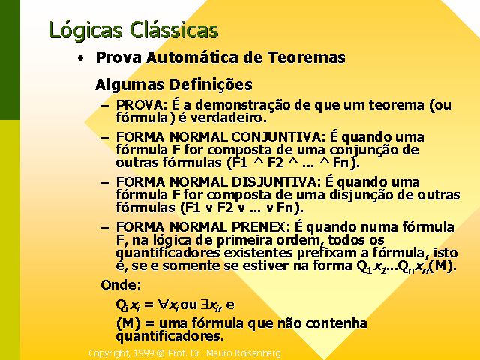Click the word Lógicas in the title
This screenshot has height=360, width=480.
[85, 31]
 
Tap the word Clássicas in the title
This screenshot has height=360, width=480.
[174, 29]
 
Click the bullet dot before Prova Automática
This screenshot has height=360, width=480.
[80, 58]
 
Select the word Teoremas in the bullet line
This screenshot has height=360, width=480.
[307, 58]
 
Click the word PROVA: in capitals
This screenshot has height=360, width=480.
[142, 105]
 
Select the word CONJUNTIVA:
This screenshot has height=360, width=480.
[279, 137]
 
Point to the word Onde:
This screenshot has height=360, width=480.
[121, 285]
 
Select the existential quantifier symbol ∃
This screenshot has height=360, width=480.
[204, 304]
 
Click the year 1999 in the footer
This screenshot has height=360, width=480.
[144, 353]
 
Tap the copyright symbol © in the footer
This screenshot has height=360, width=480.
[160, 353]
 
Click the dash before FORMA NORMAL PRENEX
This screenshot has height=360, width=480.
[105, 228]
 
